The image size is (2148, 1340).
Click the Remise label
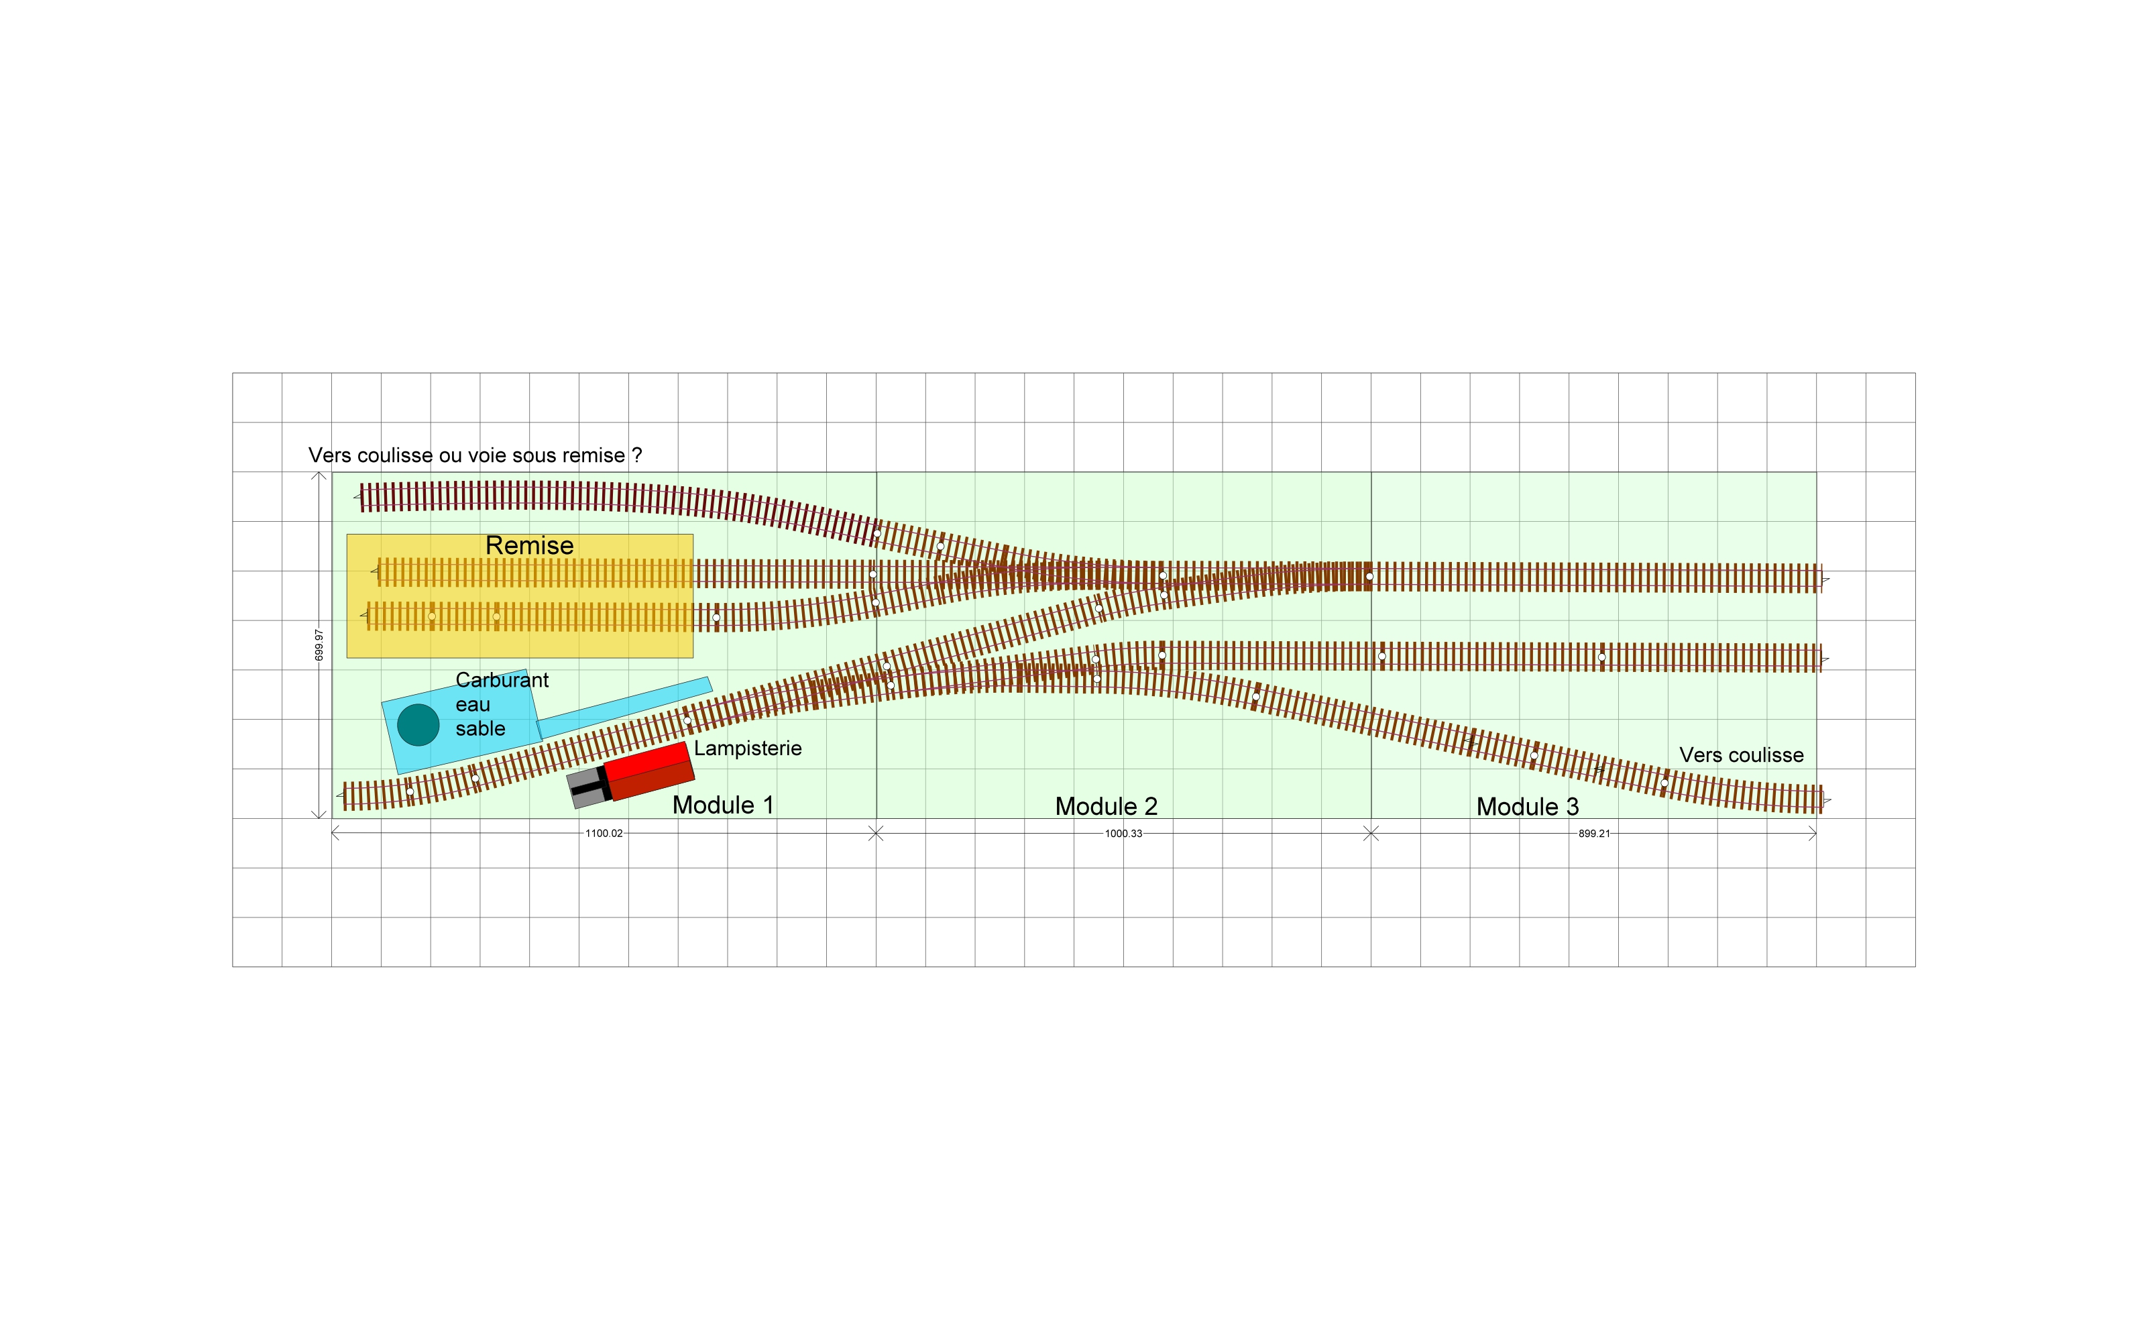(x=529, y=545)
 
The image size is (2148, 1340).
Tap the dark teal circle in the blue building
(x=418, y=725)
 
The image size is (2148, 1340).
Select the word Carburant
(x=502, y=680)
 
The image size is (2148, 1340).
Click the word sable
(x=480, y=728)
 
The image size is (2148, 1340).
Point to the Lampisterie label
(x=748, y=748)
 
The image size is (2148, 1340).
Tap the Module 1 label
(x=723, y=805)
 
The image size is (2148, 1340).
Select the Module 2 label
(x=1106, y=806)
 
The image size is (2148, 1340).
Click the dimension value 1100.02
(x=604, y=833)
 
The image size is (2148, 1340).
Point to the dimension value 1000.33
(x=1123, y=833)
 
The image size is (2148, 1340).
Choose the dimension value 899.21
(x=1594, y=833)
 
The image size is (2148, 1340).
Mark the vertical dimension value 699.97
(x=319, y=645)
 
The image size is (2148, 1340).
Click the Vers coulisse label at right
(x=1741, y=755)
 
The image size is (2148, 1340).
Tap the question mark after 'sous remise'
(x=636, y=455)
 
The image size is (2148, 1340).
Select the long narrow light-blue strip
(x=624, y=707)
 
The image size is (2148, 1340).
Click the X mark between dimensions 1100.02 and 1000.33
(x=876, y=833)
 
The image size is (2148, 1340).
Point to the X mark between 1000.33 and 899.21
(x=1371, y=833)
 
